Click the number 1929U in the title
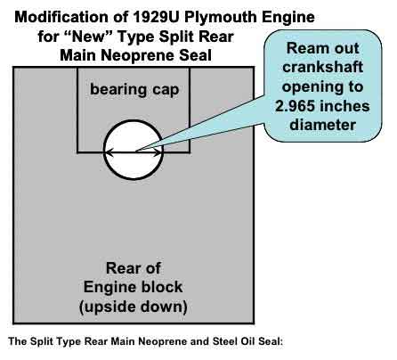pos(156,17)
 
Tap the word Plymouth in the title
pos(221,18)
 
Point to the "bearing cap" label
pos(134,89)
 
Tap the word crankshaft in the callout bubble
pos(322,67)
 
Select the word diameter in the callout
pos(322,125)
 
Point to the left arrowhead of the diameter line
pos(109,152)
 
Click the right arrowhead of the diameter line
pos(158,152)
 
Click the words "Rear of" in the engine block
pos(134,268)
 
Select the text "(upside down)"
pos(134,307)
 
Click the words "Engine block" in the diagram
pos(133,287)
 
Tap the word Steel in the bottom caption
pos(225,341)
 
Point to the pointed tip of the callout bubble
pos(137,151)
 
